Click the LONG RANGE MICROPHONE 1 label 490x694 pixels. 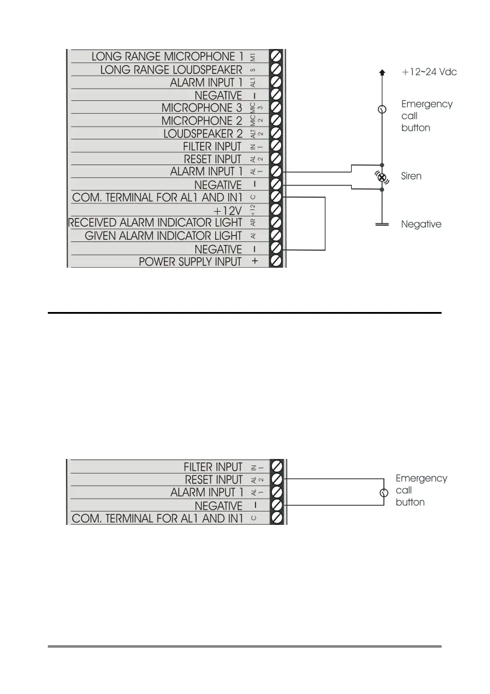point(167,57)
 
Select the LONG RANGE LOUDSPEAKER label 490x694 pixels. point(171,69)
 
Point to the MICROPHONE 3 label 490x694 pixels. point(201,108)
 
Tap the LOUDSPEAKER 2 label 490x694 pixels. point(202,134)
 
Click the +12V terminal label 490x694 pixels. point(228,210)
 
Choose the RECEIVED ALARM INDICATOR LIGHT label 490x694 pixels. point(155,223)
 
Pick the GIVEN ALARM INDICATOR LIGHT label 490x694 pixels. point(163,236)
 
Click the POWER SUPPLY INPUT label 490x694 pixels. point(190,262)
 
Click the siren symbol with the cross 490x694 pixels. point(382,177)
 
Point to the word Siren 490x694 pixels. point(411,176)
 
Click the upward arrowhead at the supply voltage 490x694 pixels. point(382,72)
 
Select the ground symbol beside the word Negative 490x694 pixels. point(382,224)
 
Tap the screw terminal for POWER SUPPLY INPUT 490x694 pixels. point(277,261)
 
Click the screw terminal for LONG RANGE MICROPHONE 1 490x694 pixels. point(277,57)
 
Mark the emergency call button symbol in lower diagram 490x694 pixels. point(384,493)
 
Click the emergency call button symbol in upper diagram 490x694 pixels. point(382,110)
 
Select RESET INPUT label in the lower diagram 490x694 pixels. point(213,479)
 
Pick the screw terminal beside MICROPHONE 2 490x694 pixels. point(277,121)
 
